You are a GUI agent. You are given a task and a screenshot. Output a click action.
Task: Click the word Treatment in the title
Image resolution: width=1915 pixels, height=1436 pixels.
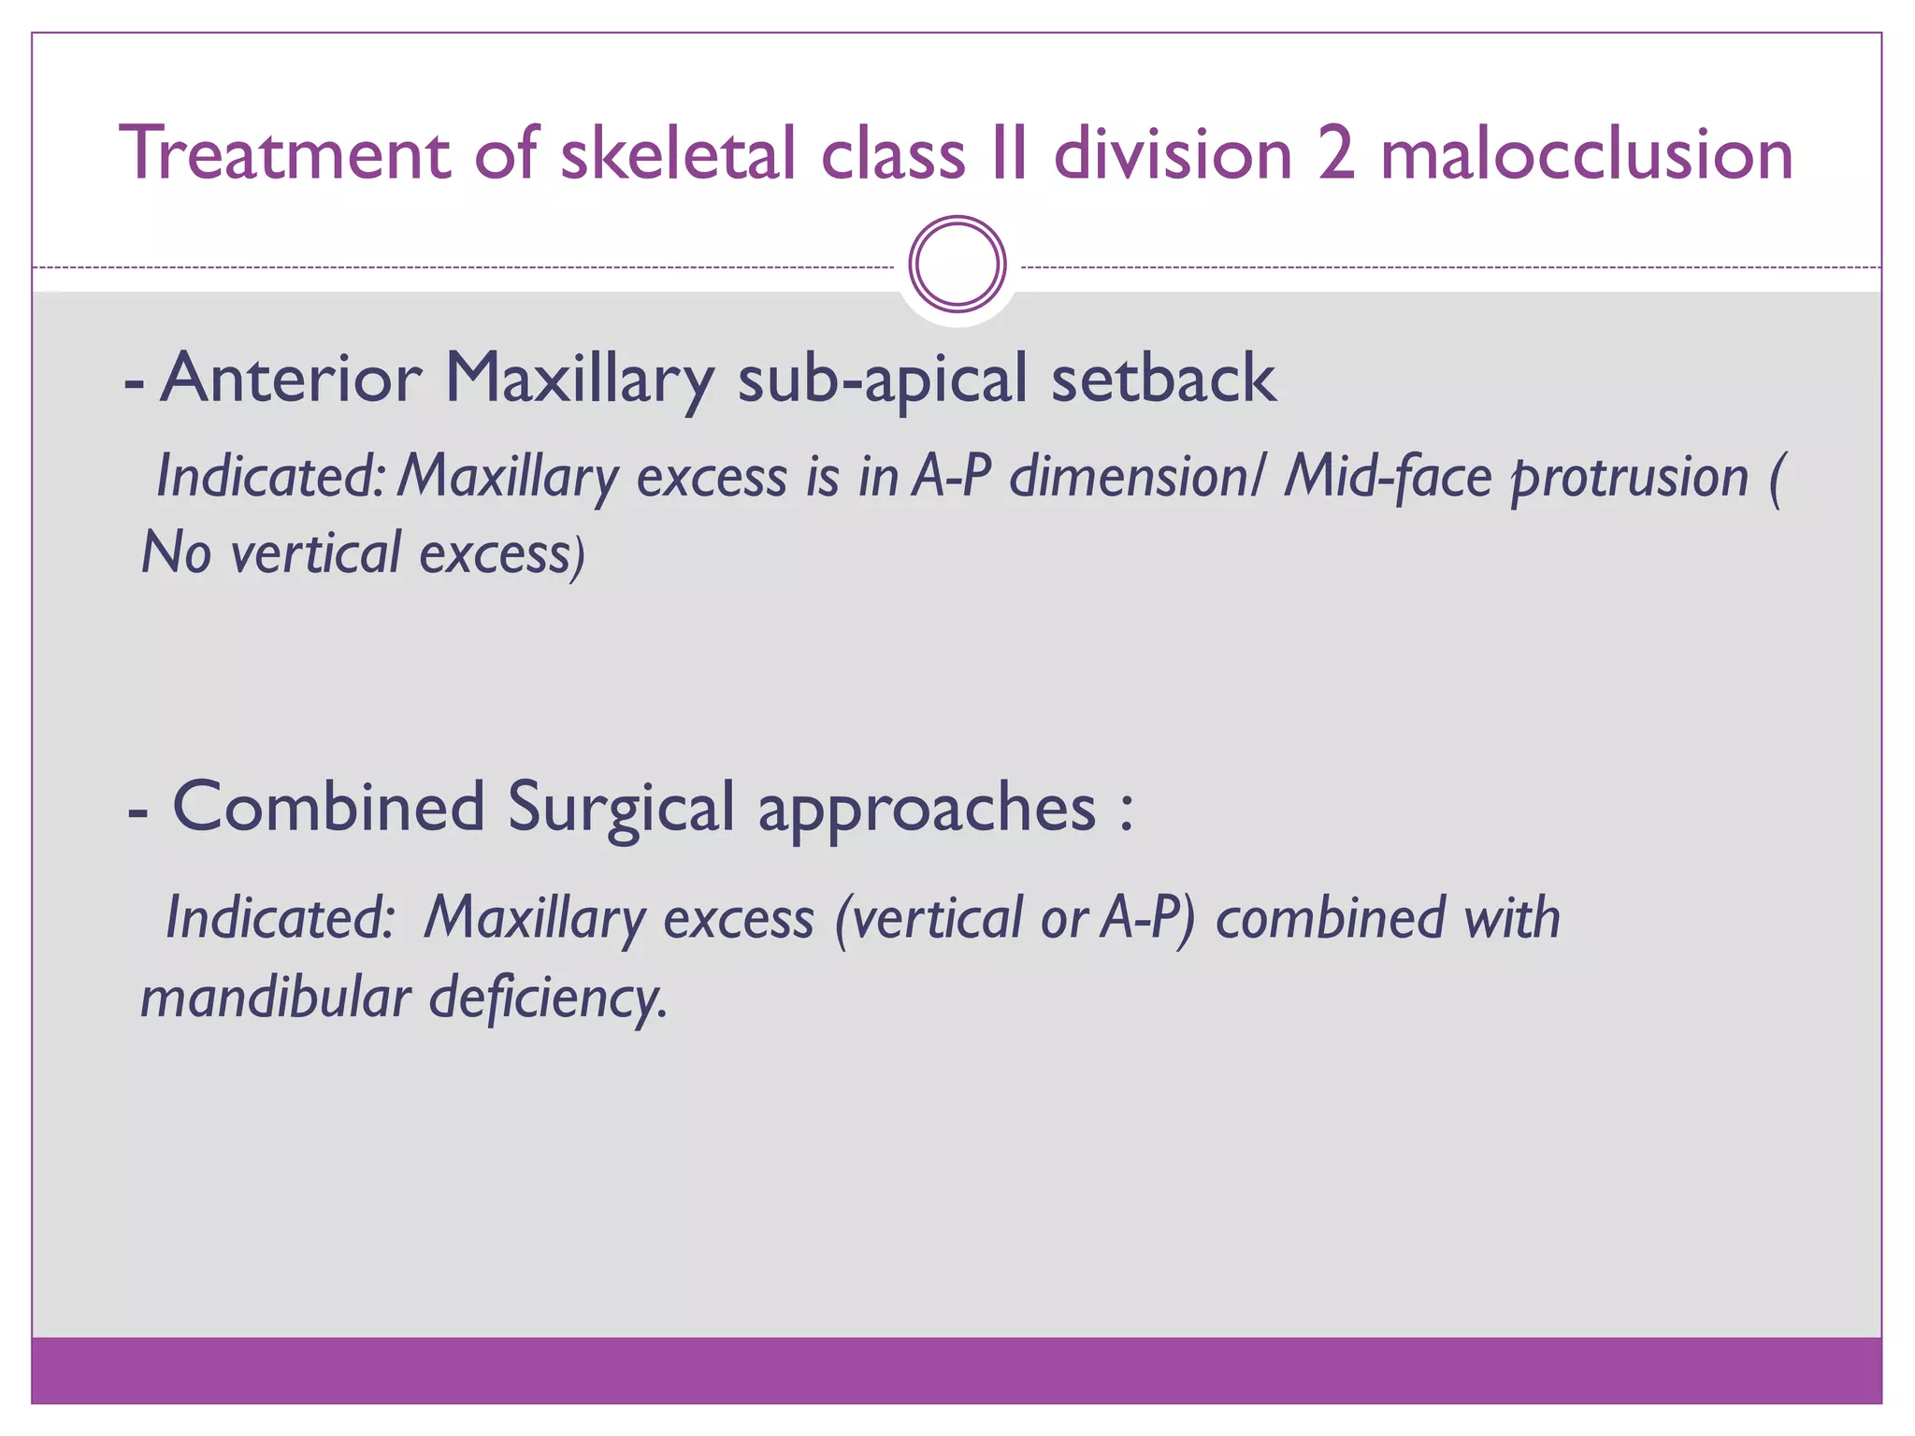pyautogui.click(x=286, y=153)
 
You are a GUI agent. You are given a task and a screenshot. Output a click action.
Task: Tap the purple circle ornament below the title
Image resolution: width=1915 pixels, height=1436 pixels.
pyautogui.click(x=957, y=265)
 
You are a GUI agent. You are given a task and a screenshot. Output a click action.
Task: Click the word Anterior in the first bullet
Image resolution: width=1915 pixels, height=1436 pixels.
pyautogui.click(x=291, y=379)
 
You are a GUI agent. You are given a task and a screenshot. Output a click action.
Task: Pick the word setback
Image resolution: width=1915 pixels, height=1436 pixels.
pyautogui.click(x=1163, y=379)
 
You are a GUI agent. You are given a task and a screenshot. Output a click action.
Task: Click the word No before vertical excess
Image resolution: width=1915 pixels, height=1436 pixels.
pyautogui.click(x=176, y=553)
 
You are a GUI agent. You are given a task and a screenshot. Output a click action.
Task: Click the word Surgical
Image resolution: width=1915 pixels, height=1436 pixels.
pyautogui.click(x=621, y=810)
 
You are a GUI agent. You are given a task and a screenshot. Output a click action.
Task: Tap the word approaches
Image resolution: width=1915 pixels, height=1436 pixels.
pyautogui.click(x=927, y=810)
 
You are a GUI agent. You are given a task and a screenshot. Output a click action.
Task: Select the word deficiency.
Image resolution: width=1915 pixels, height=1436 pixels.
pyautogui.click(x=547, y=998)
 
